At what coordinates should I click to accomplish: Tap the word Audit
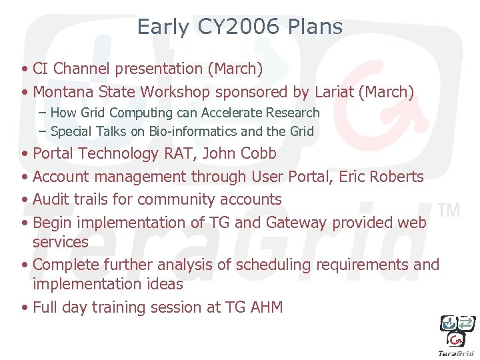[x=51, y=199]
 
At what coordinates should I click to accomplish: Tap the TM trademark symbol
[x=450, y=211]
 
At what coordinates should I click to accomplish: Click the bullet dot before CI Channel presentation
[x=24, y=69]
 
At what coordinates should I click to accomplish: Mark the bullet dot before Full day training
[x=24, y=308]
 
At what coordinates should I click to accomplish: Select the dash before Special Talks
[x=43, y=131]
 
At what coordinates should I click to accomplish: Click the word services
[x=60, y=242]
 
